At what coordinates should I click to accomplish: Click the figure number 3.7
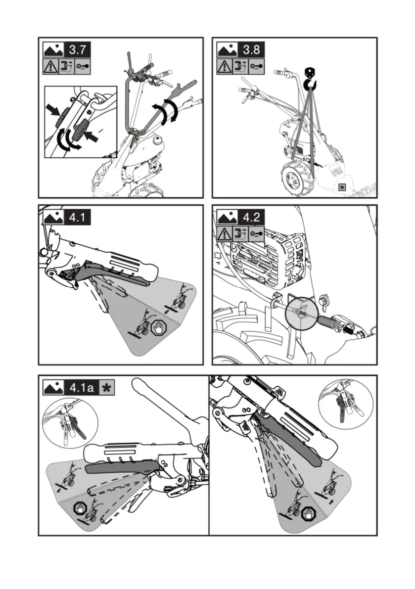coord(78,50)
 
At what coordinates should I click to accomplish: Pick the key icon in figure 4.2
coord(256,233)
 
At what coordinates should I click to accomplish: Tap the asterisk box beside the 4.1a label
coord(106,387)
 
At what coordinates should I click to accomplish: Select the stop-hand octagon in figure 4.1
coord(158,328)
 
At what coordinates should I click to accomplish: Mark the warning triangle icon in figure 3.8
coord(225,66)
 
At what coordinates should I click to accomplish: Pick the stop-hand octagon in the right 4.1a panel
coord(311,513)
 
